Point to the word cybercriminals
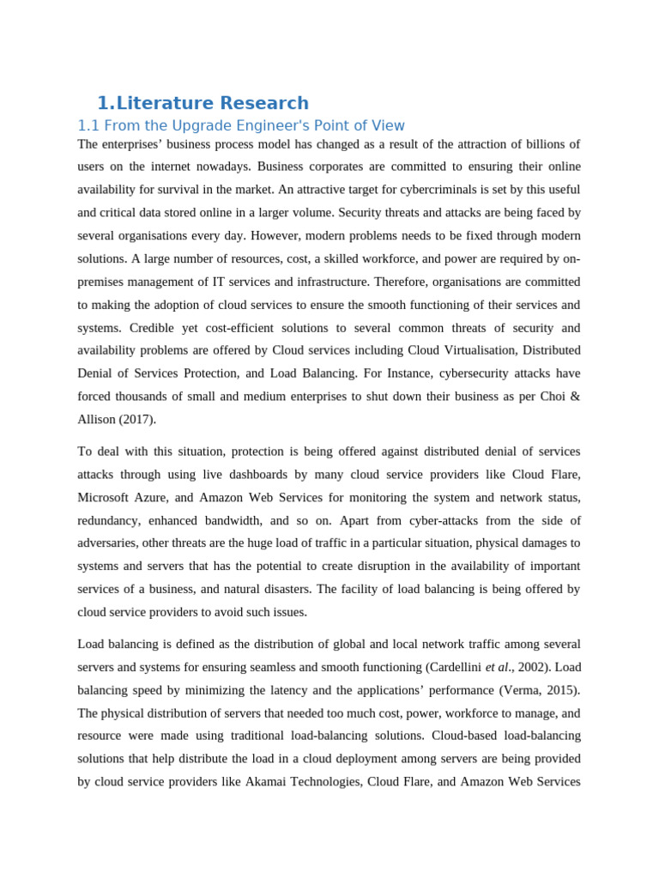393,189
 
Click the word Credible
153,327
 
